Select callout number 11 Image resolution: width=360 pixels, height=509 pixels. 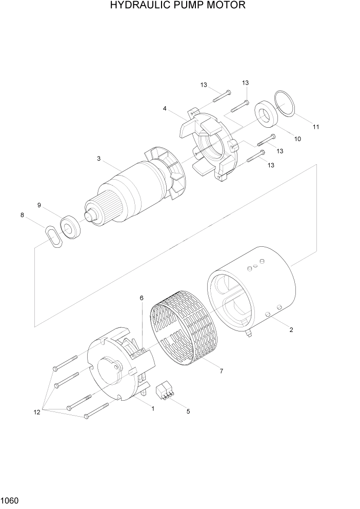click(316, 127)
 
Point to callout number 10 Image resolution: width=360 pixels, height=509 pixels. click(297, 139)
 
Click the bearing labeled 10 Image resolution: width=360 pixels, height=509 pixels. click(266, 114)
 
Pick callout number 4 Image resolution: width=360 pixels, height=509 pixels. click(165, 108)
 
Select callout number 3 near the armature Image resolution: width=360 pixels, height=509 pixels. click(98, 159)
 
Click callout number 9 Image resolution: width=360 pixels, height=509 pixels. click(39, 205)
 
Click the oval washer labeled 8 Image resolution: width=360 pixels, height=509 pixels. click(54, 238)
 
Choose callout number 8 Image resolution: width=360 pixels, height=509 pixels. click(22, 215)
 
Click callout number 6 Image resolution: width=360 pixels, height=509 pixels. click(142, 298)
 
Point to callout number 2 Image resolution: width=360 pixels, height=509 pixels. click(291, 330)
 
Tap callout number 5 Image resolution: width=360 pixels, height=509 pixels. click(188, 411)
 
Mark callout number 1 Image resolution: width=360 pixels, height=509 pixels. click(152, 408)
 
